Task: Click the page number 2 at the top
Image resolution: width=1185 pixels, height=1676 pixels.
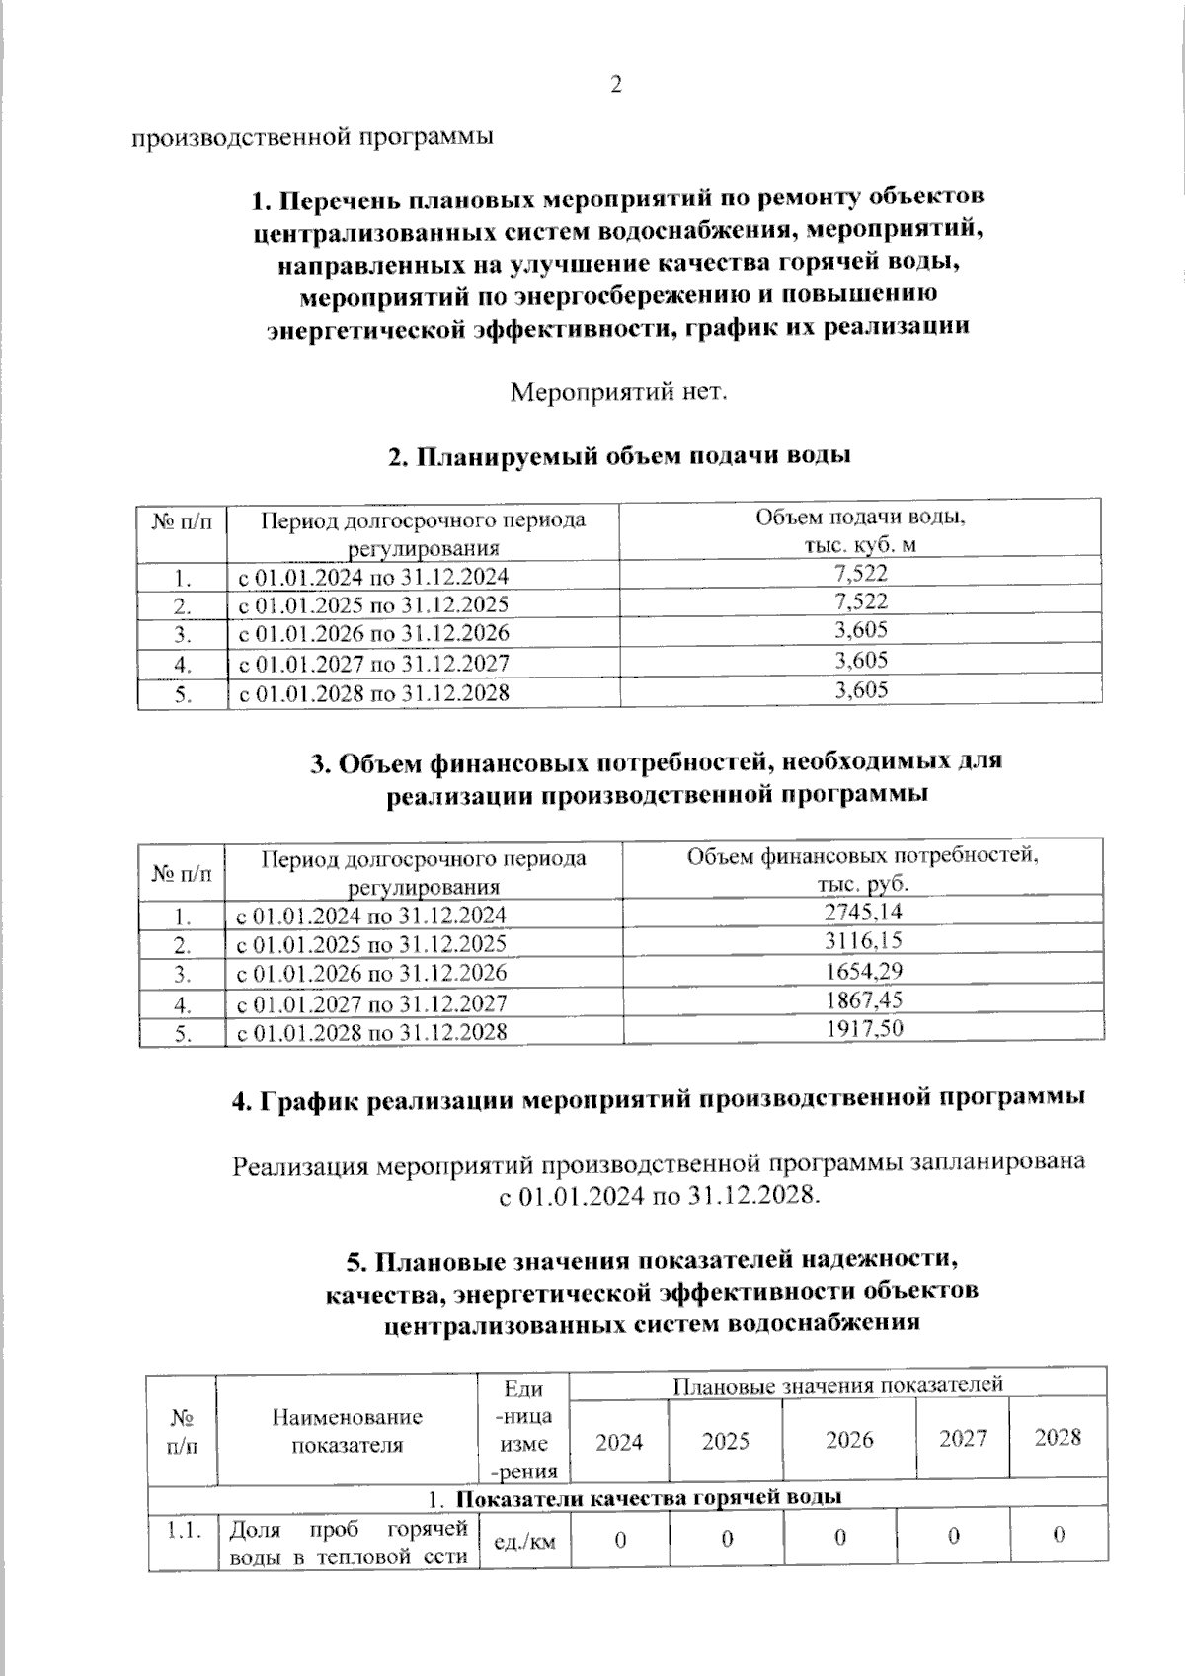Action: [x=616, y=86]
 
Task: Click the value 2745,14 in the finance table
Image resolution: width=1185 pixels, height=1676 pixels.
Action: [x=863, y=912]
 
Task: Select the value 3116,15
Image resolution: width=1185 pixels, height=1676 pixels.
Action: [x=863, y=940]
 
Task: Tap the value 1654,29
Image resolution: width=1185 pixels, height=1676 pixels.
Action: [x=863, y=970]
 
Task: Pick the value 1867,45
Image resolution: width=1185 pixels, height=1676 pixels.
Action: [x=863, y=999]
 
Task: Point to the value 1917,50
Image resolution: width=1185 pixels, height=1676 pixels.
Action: [x=863, y=1028]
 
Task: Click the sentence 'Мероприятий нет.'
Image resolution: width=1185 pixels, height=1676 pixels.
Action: [x=618, y=392]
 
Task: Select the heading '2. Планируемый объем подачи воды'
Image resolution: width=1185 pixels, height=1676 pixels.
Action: [x=619, y=456]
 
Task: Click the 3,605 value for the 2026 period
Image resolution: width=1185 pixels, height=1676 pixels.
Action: [x=860, y=630]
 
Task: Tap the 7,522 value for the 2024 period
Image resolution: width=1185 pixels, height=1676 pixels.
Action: [x=860, y=572]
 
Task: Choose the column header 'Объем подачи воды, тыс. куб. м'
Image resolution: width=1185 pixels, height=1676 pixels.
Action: [x=860, y=530]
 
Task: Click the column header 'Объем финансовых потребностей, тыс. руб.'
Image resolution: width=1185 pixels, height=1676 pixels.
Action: [x=862, y=868]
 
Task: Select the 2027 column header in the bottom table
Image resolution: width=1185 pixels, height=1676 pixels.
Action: [x=963, y=1438]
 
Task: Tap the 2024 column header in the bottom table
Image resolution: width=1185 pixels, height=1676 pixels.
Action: [x=619, y=1442]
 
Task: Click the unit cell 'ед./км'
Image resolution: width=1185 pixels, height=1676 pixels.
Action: [x=523, y=1539]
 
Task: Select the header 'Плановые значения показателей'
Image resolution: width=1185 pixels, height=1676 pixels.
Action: [x=837, y=1384]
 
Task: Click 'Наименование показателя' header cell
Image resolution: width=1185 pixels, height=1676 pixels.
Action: [x=347, y=1430]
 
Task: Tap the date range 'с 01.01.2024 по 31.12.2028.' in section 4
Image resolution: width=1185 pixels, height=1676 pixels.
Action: [x=658, y=1196]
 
